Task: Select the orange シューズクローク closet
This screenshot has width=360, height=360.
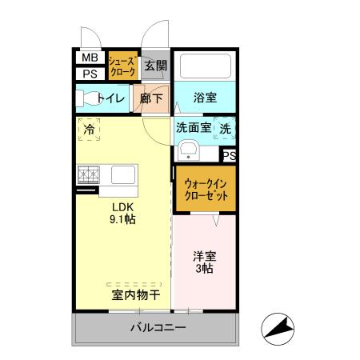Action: [x=123, y=65]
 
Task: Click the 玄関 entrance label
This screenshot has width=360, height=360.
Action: [x=156, y=66]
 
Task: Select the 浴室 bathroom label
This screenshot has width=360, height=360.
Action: [x=205, y=98]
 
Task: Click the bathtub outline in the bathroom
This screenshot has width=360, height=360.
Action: [x=204, y=65]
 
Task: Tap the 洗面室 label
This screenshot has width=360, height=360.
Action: [x=194, y=126]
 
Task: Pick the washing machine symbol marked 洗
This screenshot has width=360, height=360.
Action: [x=226, y=126]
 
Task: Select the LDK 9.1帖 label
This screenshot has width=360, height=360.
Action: [x=122, y=210]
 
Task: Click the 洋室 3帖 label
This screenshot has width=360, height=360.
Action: [x=203, y=263]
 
